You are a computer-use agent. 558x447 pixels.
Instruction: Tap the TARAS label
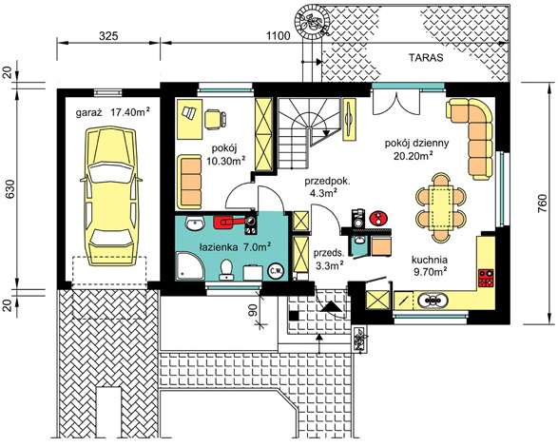(426, 58)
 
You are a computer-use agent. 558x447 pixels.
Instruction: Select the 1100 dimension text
(278, 36)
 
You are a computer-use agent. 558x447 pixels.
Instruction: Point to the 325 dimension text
(108, 36)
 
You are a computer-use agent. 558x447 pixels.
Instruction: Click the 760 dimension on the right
(544, 204)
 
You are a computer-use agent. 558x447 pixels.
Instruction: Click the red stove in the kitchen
(486, 278)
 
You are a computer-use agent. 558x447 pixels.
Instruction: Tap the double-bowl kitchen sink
(432, 301)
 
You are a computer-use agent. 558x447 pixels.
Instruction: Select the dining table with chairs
(440, 207)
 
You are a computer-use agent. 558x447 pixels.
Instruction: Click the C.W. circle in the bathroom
(276, 271)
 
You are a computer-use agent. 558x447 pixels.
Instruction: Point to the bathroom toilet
(226, 270)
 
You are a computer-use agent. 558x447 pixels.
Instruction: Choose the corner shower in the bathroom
(190, 265)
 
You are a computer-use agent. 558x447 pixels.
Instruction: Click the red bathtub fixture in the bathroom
(228, 222)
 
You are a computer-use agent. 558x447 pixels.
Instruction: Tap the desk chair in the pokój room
(215, 118)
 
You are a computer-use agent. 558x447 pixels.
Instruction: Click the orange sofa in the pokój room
(189, 182)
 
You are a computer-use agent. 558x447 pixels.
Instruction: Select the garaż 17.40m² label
(112, 112)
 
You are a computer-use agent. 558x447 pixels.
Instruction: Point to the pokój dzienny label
(416, 143)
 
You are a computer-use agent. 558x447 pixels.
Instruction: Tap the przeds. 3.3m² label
(329, 259)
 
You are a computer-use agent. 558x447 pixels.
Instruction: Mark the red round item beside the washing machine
(378, 218)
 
